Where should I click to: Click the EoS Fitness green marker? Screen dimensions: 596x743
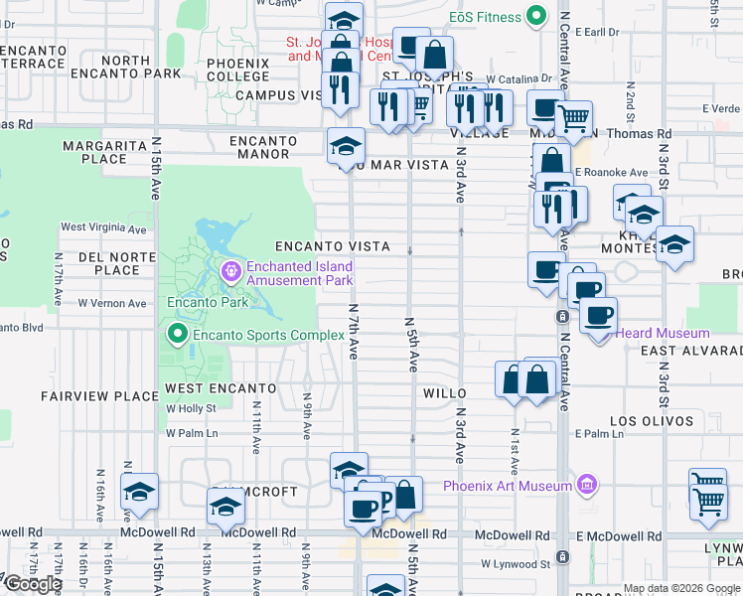coord(536,16)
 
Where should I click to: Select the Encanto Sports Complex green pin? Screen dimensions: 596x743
coord(178,334)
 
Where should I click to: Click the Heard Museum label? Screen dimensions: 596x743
coord(663,334)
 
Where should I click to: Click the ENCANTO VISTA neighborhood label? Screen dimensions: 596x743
coord(332,246)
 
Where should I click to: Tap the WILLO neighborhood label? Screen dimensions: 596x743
coord(444,393)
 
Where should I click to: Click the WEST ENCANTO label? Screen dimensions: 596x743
coord(221,387)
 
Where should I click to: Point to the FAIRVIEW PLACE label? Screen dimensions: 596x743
coord(99,396)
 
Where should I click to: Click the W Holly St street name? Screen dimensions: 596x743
coord(191,408)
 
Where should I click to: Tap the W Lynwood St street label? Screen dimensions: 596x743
coord(517,563)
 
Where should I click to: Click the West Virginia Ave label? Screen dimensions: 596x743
coord(103,227)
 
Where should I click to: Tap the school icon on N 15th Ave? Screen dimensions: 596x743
coord(140,491)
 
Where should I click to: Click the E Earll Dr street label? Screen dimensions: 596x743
coord(595,32)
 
